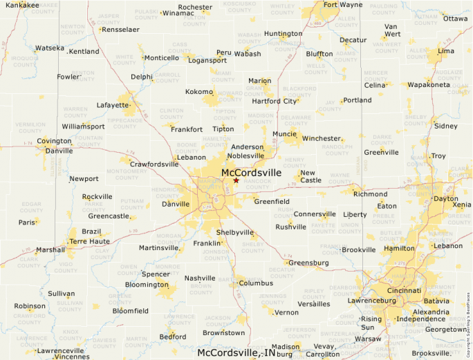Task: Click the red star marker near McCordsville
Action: point(236,180)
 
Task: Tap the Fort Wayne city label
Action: point(342,5)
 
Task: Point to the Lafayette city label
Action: point(113,105)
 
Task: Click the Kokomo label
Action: point(199,92)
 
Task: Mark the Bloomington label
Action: point(147,284)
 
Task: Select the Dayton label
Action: point(445,198)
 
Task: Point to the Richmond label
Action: point(370,194)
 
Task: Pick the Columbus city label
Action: point(256,283)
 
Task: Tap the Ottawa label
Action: point(455,19)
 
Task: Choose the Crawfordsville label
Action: point(154,164)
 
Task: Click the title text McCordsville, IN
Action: point(236,352)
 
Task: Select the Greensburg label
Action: point(308,263)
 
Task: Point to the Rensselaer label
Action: point(120,30)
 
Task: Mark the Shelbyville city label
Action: point(235,233)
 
